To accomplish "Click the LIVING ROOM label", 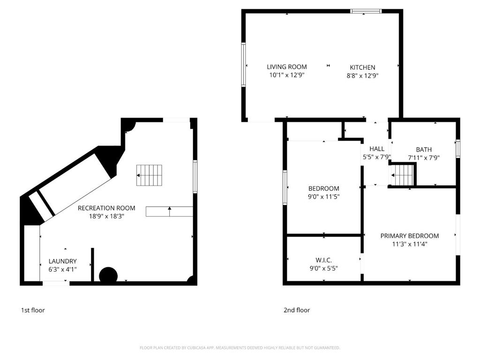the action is click(x=286, y=67).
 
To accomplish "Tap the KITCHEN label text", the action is click(x=362, y=67).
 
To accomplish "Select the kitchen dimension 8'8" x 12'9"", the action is click(x=362, y=75).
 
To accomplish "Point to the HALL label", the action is click(x=376, y=149).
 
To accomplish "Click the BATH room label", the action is click(x=424, y=150).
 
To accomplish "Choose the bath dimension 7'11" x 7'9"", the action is click(x=424, y=158).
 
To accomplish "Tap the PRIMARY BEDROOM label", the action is click(x=410, y=236).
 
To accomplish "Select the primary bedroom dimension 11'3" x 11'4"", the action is click(x=410, y=244).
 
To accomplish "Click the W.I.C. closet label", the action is click(x=323, y=260).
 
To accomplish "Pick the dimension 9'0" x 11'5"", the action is click(x=323, y=196).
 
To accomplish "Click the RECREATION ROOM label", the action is click(x=106, y=208).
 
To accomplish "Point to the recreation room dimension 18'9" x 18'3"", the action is click(x=106, y=217).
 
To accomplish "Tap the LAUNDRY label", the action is click(x=62, y=261).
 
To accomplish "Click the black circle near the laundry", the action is click(x=108, y=275).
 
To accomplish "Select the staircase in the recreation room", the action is click(x=149, y=175).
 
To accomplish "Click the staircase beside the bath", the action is click(x=403, y=175).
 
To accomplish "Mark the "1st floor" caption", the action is click(x=33, y=310).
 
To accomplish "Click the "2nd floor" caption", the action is click(x=297, y=310).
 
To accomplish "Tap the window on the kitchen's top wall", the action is click(x=366, y=11).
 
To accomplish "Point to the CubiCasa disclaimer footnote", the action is click(x=240, y=348).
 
